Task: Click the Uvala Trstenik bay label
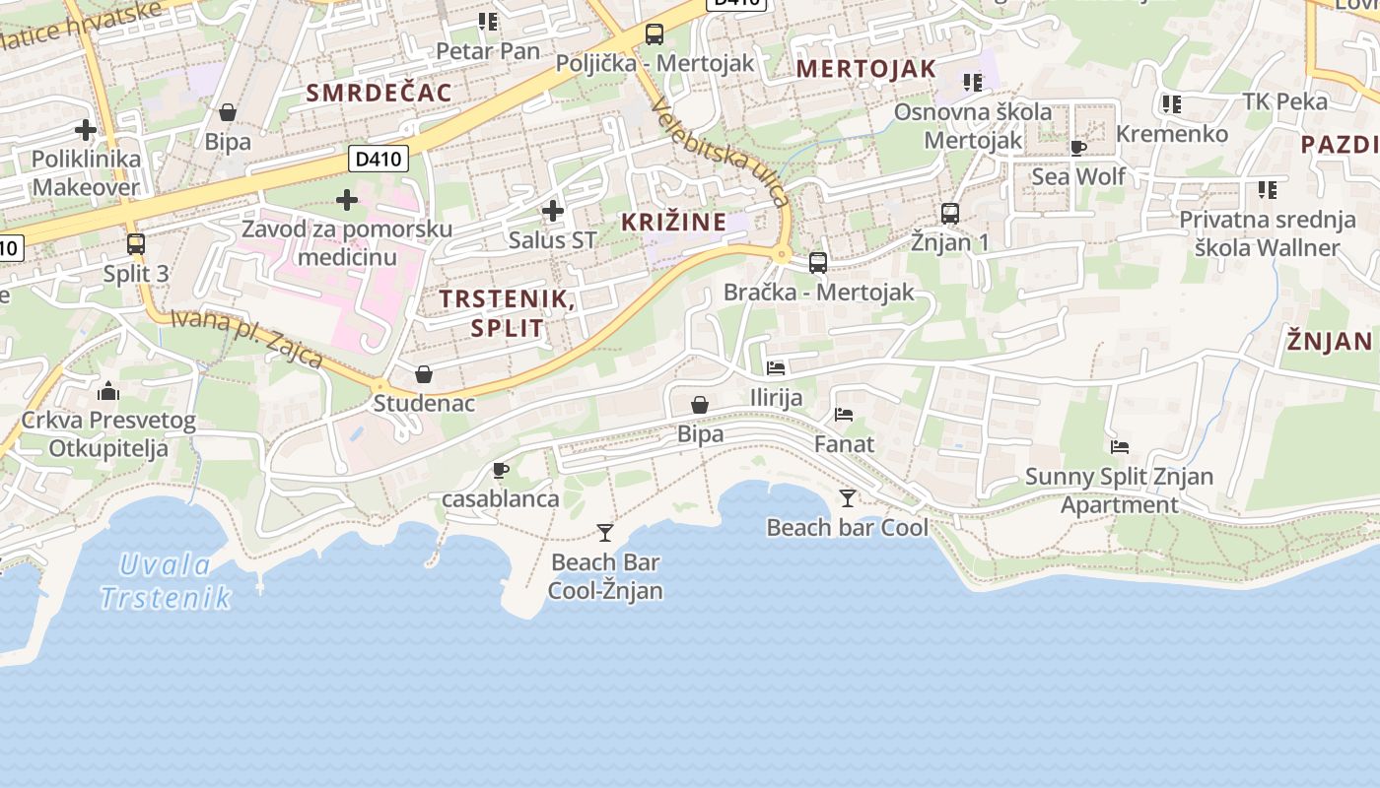(166, 581)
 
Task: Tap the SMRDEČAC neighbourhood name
(379, 94)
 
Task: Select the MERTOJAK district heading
(865, 69)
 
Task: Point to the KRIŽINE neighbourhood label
(673, 223)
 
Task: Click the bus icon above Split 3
(136, 243)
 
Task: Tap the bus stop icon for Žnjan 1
(950, 213)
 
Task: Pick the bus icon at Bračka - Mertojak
(818, 263)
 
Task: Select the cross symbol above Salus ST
(553, 210)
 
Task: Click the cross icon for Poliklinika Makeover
(86, 129)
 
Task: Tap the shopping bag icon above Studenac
(424, 374)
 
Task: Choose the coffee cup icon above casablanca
(501, 470)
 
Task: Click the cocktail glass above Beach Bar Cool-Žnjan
(605, 533)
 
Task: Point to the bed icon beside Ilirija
(776, 368)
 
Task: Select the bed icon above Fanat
(844, 415)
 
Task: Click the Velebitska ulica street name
(721, 154)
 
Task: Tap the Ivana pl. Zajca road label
(246, 338)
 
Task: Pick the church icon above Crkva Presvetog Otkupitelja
(108, 392)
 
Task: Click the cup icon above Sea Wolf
(1078, 149)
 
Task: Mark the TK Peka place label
(1284, 101)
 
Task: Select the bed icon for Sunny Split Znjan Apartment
(1120, 447)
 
